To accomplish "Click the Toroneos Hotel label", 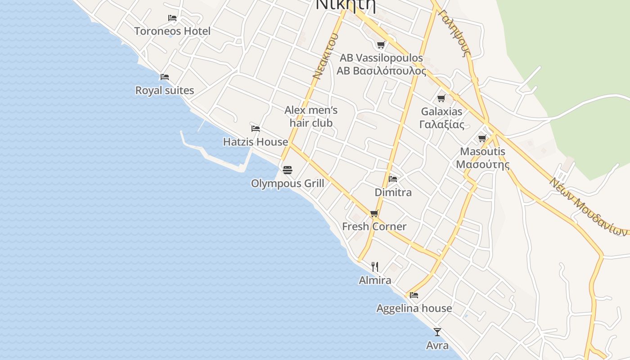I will (172, 31).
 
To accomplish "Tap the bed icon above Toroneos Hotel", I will (172, 18).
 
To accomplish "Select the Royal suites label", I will (165, 90).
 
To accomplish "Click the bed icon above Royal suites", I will (165, 77).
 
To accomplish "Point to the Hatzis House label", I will (256, 142).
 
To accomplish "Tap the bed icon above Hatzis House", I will (256, 129).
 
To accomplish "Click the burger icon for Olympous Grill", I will (288, 170).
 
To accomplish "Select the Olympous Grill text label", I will (288, 184).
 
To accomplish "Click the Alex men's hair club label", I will (311, 117).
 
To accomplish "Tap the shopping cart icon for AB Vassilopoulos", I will (381, 45).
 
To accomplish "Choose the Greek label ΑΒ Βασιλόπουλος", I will (381, 71).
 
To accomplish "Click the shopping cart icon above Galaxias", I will (441, 98).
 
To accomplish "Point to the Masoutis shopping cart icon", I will (482, 138).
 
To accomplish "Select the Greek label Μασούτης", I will (483, 164).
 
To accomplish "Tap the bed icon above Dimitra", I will (393, 179).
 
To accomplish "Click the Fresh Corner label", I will (374, 226).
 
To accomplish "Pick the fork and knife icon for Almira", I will (375, 267).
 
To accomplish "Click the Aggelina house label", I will (414, 308).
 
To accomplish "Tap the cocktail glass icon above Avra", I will (437, 332).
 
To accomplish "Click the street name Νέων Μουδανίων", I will (588, 207).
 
